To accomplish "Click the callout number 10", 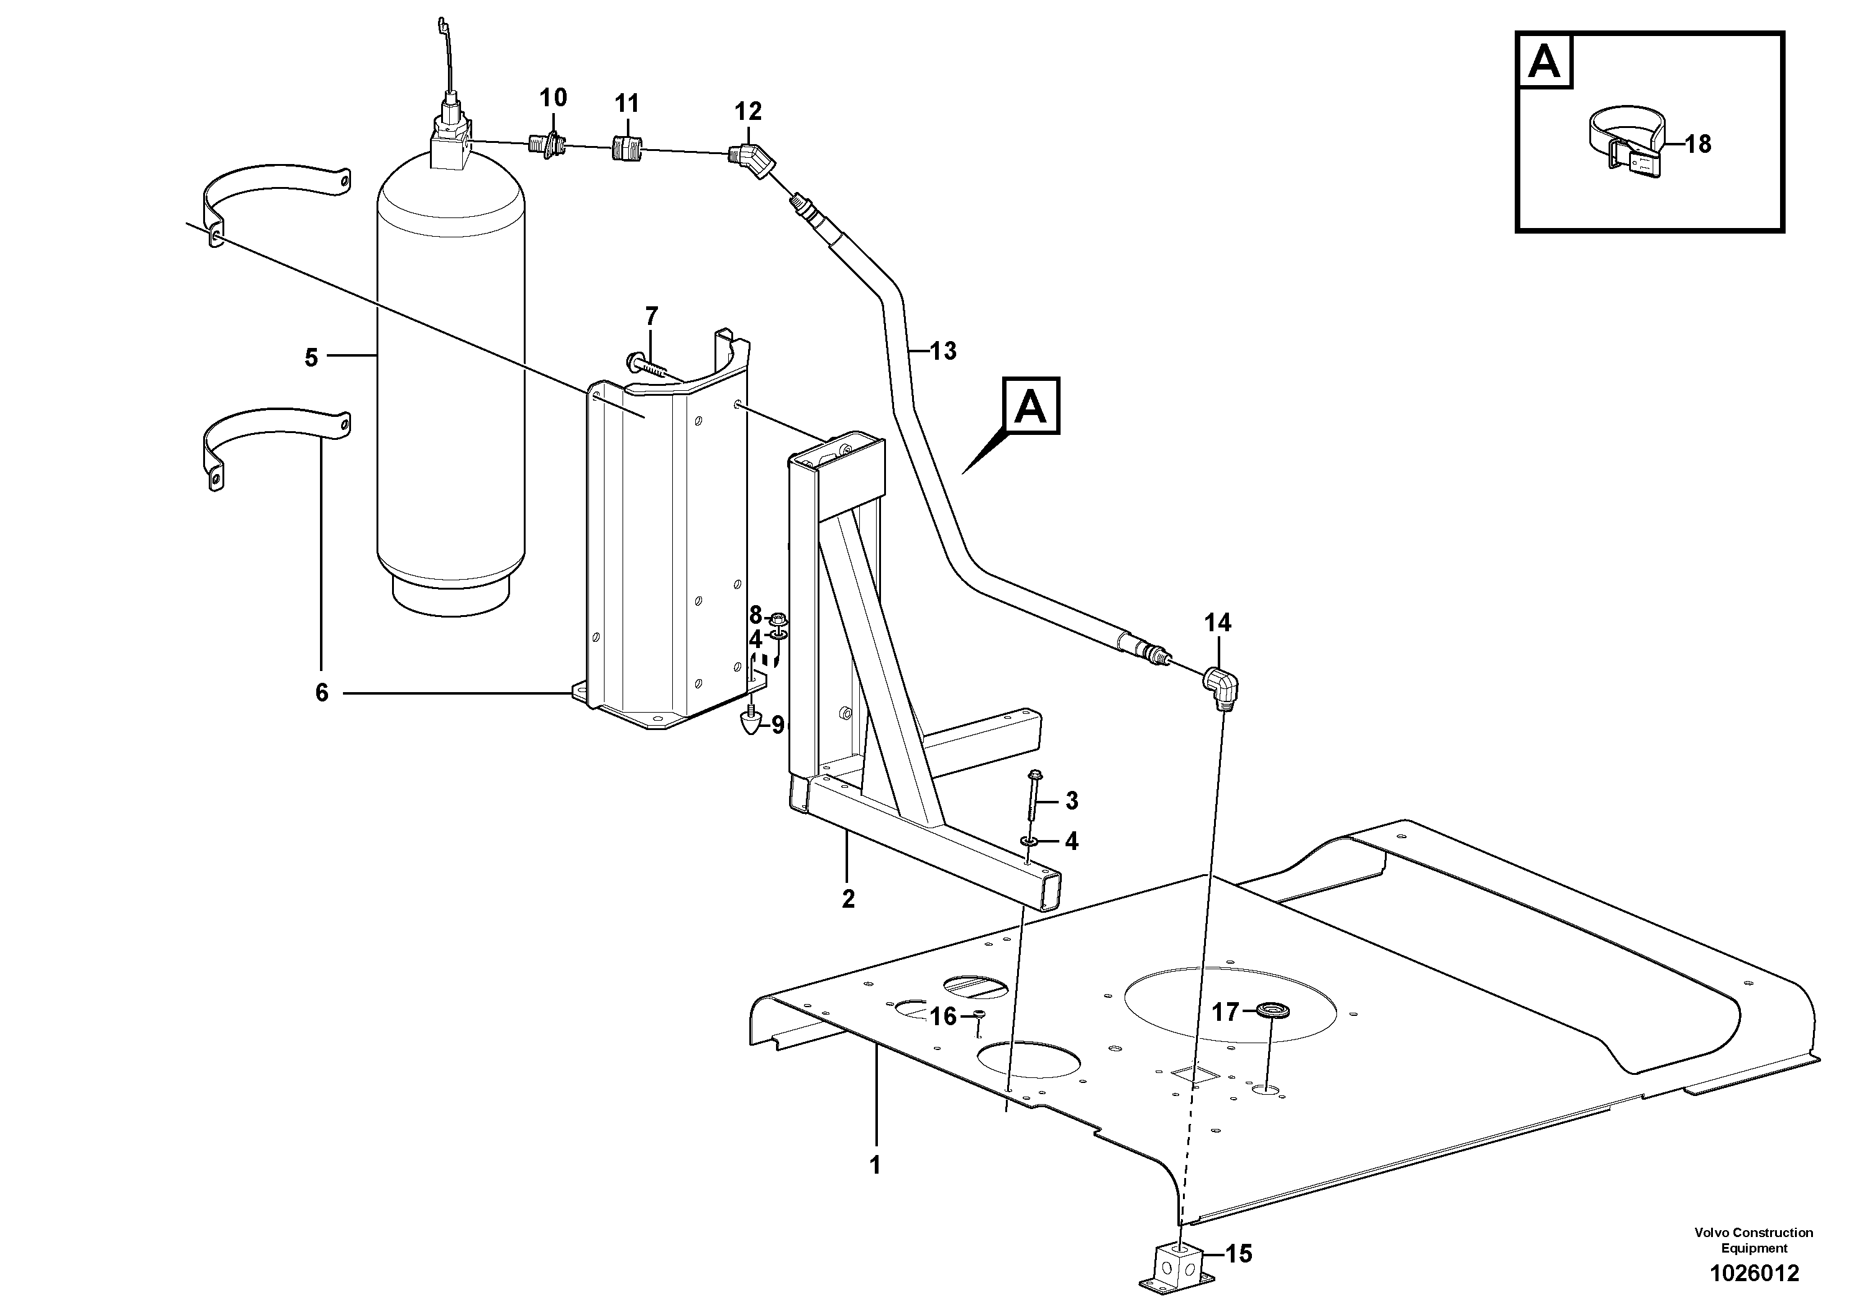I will (x=552, y=98).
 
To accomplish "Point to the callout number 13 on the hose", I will (x=943, y=351).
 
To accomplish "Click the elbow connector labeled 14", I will (x=1221, y=687).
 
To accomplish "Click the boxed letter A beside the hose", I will (x=1030, y=406).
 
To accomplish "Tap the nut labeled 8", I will (x=777, y=620).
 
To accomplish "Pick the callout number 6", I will (x=321, y=693).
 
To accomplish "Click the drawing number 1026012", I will (x=1755, y=1273).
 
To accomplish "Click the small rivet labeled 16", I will (x=979, y=1016).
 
